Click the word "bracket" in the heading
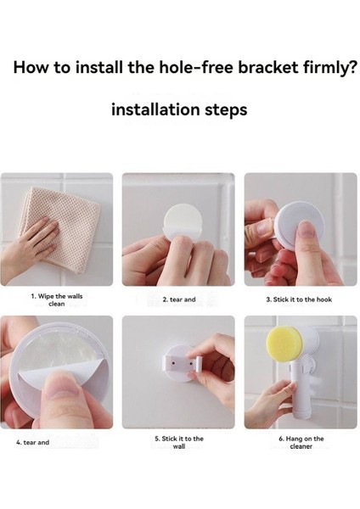pos(268,67)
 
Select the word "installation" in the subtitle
pos(155,109)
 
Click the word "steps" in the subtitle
pos(226,110)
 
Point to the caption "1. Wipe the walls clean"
pos(57,300)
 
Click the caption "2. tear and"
pos(179,299)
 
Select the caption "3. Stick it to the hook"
pos(299,299)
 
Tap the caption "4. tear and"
pos(33,442)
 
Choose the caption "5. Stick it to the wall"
pos(179,443)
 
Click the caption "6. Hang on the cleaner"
pos(301,443)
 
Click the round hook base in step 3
pos(299,226)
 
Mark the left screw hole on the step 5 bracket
pos(173,361)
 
